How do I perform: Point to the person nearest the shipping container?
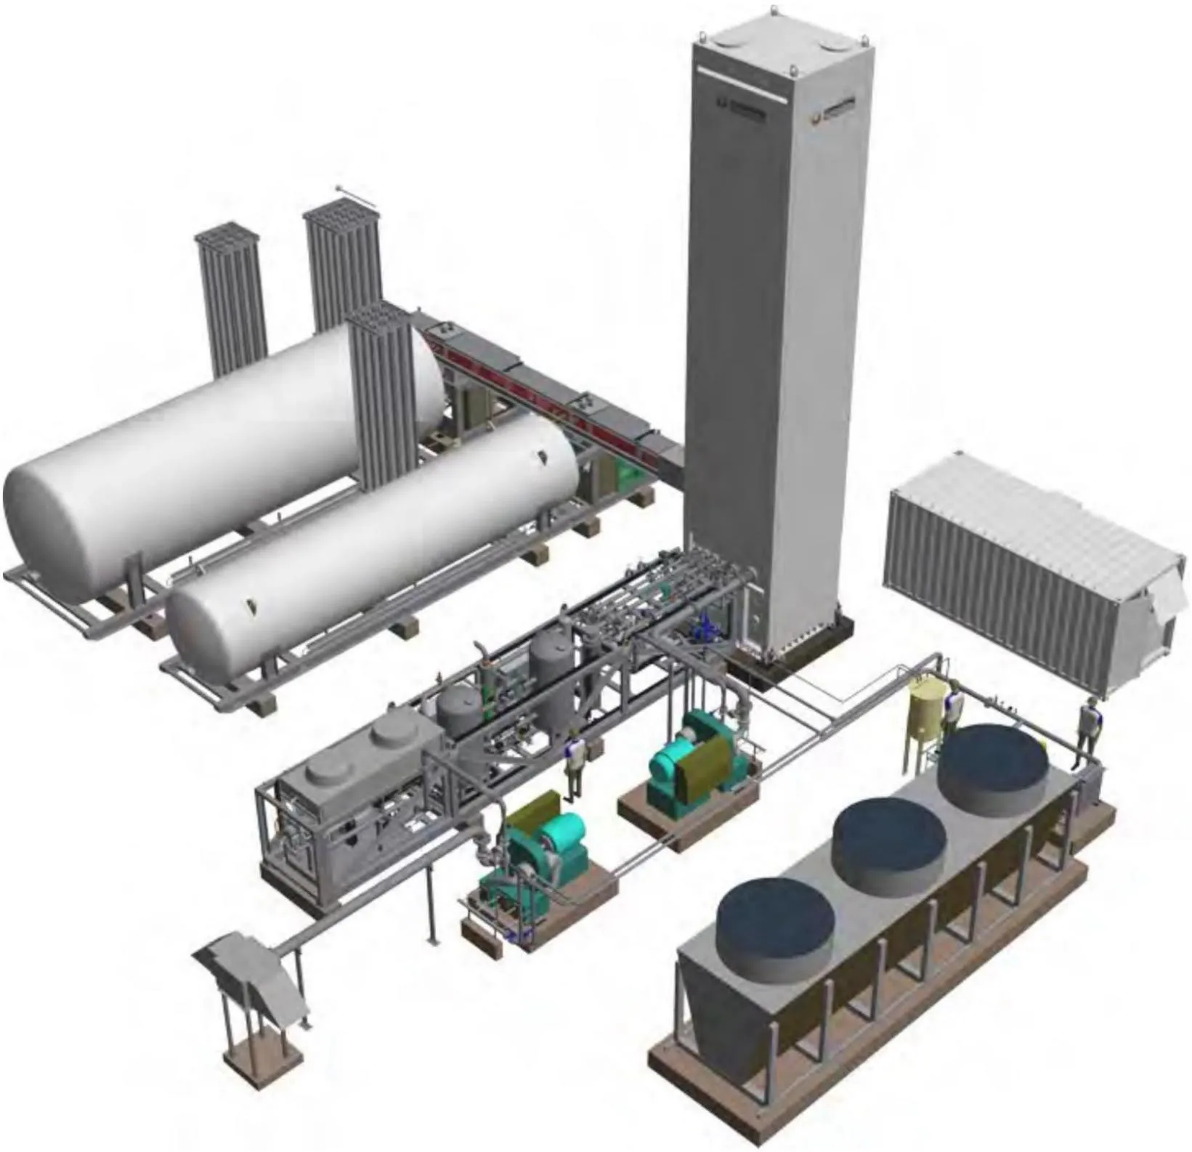pyautogui.click(x=1087, y=730)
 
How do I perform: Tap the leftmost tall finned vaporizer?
pyautogui.click(x=230, y=298)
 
